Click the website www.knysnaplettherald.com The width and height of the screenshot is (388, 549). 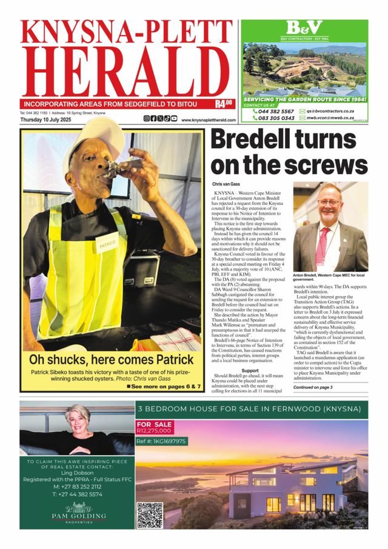click(x=208, y=120)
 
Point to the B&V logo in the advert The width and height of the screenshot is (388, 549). click(x=304, y=28)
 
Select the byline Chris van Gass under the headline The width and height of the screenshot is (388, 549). click(x=227, y=183)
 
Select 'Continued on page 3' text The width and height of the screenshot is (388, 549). click(x=313, y=386)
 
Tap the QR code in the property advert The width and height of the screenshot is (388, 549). click(x=149, y=514)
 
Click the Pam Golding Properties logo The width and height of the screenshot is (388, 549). click(x=77, y=513)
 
